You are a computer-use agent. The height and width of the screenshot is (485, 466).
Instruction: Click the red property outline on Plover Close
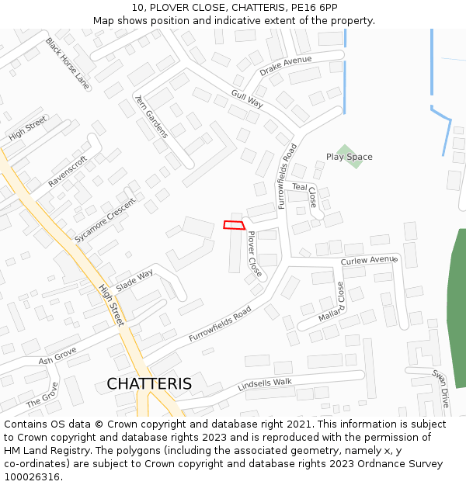[x=235, y=225]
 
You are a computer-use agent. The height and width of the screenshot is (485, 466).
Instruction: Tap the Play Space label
[x=349, y=157]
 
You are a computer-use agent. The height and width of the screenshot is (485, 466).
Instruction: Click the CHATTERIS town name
[x=149, y=384]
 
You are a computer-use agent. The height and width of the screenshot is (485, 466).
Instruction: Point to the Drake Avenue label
[x=285, y=66]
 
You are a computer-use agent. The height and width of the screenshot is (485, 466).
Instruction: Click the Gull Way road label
[x=247, y=98]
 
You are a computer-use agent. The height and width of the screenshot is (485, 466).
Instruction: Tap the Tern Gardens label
[x=151, y=116]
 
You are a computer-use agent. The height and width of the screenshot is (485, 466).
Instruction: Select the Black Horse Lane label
[x=67, y=62]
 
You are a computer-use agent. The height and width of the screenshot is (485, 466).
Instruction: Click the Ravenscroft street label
[x=68, y=171]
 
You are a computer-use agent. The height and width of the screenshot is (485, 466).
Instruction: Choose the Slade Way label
[x=134, y=280]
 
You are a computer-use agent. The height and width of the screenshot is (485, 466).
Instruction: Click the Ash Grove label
[x=57, y=356]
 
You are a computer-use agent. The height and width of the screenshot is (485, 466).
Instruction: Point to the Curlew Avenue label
[x=368, y=261]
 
